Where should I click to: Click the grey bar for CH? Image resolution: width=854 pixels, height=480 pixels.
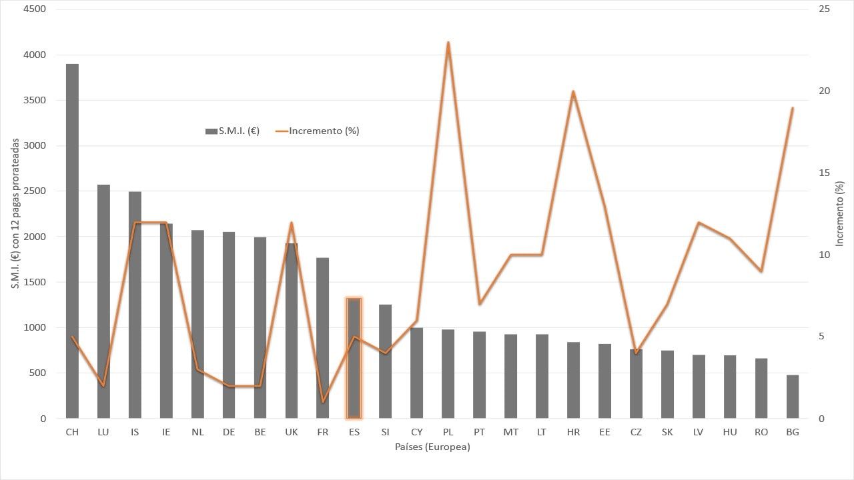click(72, 241)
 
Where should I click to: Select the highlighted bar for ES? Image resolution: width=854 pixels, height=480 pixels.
click(354, 358)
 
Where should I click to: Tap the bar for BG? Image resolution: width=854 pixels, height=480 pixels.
click(792, 397)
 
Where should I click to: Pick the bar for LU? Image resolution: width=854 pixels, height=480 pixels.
click(103, 301)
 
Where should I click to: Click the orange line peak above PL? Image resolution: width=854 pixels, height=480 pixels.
click(448, 42)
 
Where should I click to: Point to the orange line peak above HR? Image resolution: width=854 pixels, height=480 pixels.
click(573, 91)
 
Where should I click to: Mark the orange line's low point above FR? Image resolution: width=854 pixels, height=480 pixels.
click(323, 401)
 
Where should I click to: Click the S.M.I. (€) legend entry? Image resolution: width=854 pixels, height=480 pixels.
click(233, 131)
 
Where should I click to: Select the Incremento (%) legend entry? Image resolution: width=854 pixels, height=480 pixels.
click(317, 131)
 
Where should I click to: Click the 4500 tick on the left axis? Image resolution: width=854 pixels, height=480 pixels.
click(34, 9)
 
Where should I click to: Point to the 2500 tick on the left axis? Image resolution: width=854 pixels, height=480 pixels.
click(34, 191)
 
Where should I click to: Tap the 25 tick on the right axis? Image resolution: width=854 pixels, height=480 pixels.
click(824, 9)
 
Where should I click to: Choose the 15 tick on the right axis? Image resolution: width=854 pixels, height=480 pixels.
click(824, 173)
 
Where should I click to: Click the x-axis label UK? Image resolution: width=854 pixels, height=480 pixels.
click(292, 432)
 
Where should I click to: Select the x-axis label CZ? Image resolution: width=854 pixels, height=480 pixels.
click(636, 432)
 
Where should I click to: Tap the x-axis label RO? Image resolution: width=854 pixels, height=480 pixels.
click(761, 432)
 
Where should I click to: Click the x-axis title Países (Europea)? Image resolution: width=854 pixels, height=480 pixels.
click(432, 447)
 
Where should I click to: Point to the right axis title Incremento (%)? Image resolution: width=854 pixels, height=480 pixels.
click(839, 214)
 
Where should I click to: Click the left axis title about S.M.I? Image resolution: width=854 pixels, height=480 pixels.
click(15, 213)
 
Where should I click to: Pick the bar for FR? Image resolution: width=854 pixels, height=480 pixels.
click(322, 338)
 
